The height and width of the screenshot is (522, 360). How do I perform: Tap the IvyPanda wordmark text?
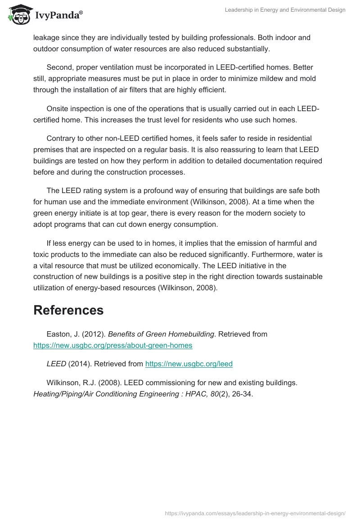tap(58, 16)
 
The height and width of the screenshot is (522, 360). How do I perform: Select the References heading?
tap(68, 310)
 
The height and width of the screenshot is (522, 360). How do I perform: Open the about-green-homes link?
tap(113, 346)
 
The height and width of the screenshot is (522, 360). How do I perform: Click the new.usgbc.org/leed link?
tap(189, 364)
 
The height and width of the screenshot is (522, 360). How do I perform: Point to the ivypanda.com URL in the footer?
tap(255, 513)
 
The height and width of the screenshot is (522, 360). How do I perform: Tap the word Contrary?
tap(62, 138)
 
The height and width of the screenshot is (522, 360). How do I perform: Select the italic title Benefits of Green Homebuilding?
tap(161, 334)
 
